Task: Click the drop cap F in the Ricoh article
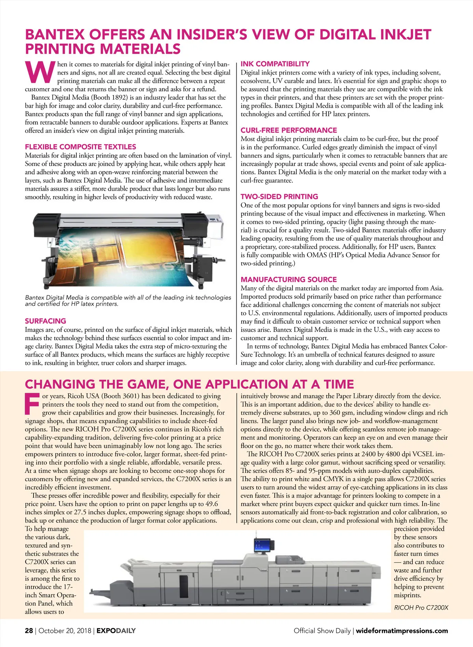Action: [x=32, y=403]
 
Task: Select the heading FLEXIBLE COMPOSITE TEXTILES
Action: [x=80, y=147]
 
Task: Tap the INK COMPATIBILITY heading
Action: [x=275, y=64]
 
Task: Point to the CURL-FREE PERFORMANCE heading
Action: [x=289, y=130]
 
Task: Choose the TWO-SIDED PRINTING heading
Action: [x=279, y=197]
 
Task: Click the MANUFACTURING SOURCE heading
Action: [x=289, y=279]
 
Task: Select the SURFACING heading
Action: [x=45, y=321]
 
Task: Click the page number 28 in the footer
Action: [x=29, y=630]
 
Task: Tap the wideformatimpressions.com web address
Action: [x=402, y=630]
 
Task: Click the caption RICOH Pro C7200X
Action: [x=421, y=608]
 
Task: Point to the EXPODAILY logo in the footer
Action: [x=116, y=630]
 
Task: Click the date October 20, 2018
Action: [x=65, y=630]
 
